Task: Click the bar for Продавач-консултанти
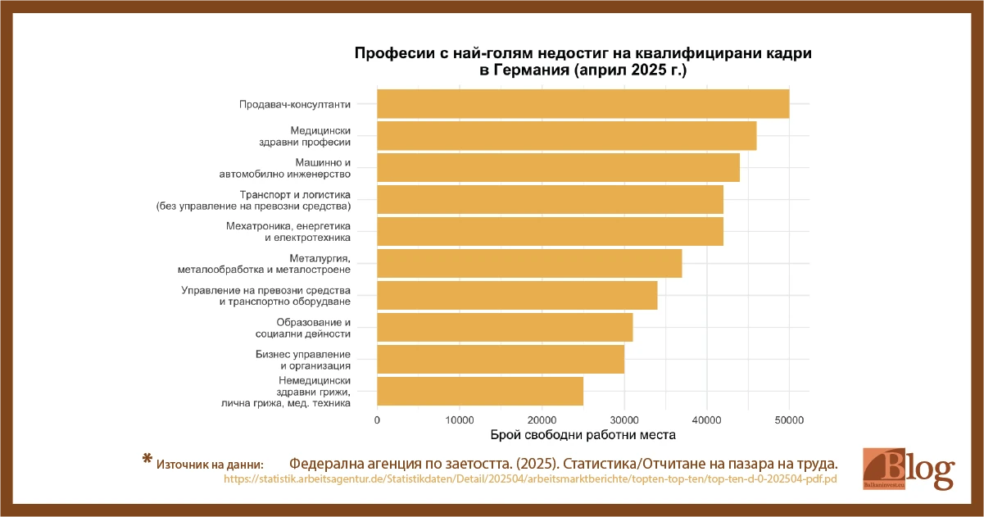click(x=583, y=104)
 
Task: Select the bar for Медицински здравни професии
click(x=566, y=136)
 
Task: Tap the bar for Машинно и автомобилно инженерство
click(x=558, y=168)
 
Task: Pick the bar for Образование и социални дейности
click(x=505, y=327)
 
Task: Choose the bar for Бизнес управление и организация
click(x=501, y=359)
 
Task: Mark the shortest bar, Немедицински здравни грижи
click(x=480, y=391)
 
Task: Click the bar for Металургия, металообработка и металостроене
click(x=529, y=264)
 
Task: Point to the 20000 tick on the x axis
click(x=542, y=419)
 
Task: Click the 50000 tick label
click(x=789, y=419)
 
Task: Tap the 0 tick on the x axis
click(x=377, y=419)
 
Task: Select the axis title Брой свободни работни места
click(x=583, y=434)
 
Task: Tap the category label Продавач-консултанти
click(x=295, y=105)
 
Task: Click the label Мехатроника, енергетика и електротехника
click(x=288, y=232)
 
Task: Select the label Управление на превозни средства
click(x=265, y=290)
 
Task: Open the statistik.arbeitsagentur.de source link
click(x=529, y=479)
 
